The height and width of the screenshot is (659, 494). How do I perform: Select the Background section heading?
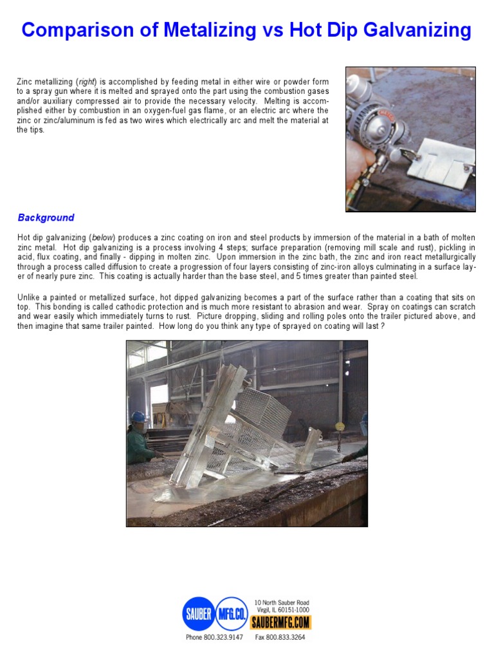point(46,218)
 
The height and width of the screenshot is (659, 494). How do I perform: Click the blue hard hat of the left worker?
point(138,417)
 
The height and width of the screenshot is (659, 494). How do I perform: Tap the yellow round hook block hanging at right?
point(337,426)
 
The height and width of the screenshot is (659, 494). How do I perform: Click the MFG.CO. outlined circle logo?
point(233,613)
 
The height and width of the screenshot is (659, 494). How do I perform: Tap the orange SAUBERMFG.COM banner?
point(280,622)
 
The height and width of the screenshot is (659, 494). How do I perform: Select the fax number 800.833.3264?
point(289,638)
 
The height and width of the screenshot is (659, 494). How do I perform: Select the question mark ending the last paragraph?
point(383,326)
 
